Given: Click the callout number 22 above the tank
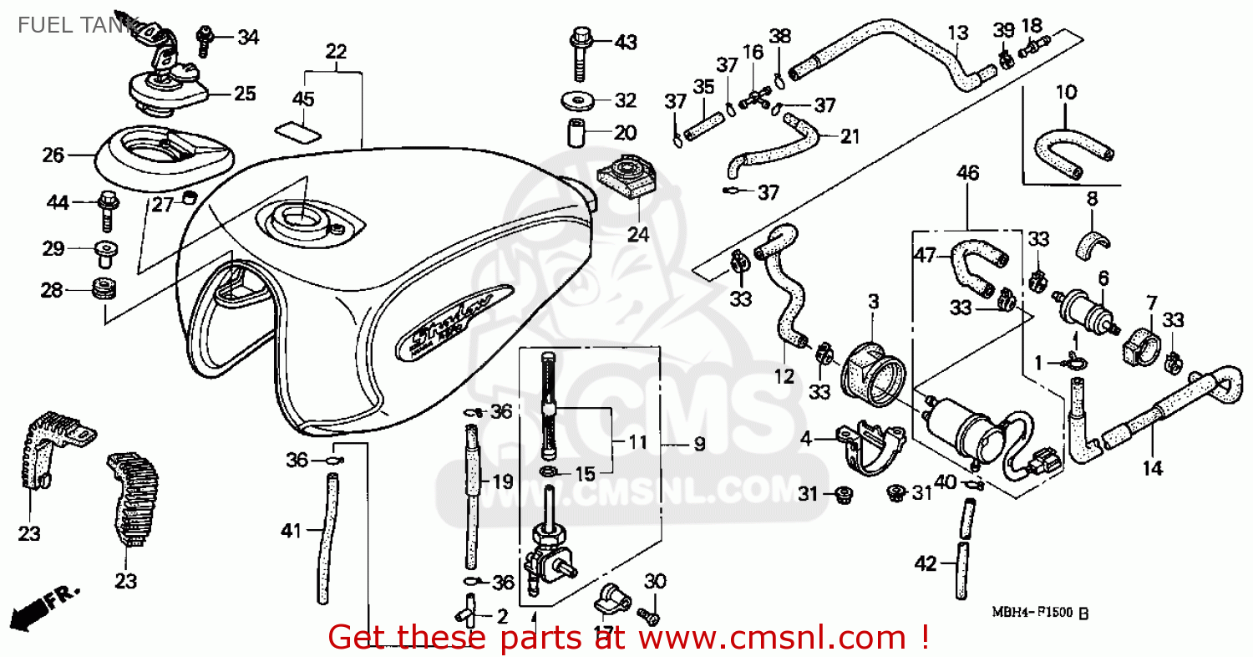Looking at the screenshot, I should pyautogui.click(x=335, y=51).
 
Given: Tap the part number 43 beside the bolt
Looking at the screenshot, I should pyautogui.click(x=626, y=42).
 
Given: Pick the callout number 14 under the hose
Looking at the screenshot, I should pyautogui.click(x=1153, y=469).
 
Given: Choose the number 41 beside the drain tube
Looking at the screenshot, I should pyautogui.click(x=290, y=529).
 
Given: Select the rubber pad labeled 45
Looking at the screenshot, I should pyautogui.click(x=299, y=131).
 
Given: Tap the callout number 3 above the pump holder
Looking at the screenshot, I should pyautogui.click(x=873, y=302).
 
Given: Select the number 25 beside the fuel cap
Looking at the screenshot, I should pyautogui.click(x=245, y=94).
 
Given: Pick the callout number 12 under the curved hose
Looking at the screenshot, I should pyautogui.click(x=784, y=377).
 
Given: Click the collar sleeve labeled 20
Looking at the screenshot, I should pyautogui.click(x=576, y=133).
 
